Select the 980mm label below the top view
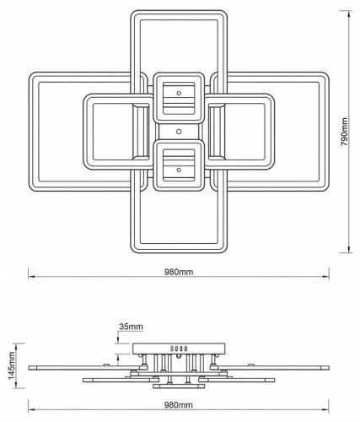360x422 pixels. (x=179, y=272)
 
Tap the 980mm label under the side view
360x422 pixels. (x=179, y=406)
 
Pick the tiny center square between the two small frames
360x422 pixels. (x=177, y=131)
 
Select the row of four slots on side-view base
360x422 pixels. (x=178, y=349)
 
